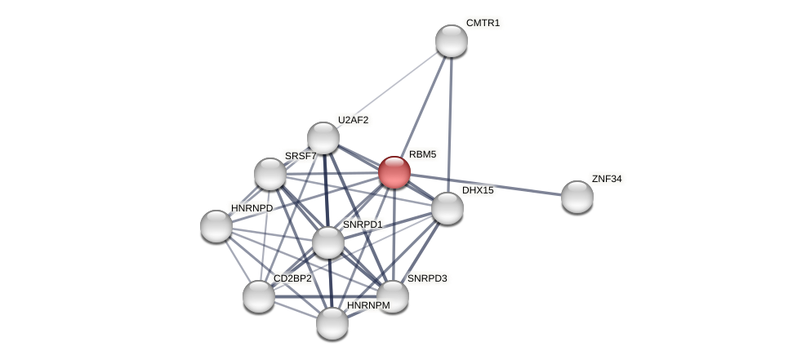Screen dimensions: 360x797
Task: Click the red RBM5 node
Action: (x=394, y=172)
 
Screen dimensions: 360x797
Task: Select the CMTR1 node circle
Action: (x=451, y=41)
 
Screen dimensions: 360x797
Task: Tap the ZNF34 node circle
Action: (x=577, y=197)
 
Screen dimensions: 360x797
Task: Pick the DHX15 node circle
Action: (x=447, y=208)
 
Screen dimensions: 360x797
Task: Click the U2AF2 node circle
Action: (x=323, y=138)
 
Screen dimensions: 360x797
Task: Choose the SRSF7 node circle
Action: (x=270, y=174)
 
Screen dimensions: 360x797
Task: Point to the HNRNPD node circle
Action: (x=216, y=226)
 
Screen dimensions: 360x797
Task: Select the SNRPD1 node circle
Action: (x=328, y=242)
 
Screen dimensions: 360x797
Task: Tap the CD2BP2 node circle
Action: (x=259, y=296)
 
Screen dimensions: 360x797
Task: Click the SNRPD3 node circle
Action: (x=392, y=296)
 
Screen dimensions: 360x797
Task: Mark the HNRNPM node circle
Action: (x=332, y=323)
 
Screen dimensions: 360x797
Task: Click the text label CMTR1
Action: (x=483, y=23)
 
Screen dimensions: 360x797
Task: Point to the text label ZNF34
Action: (x=607, y=179)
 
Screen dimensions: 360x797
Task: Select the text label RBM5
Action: (x=422, y=154)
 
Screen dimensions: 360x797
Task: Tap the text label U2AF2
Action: (x=353, y=120)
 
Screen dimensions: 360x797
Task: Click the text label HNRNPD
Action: (x=252, y=208)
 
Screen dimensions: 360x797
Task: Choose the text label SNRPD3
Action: (x=427, y=278)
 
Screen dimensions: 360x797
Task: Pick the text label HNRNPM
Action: (x=368, y=305)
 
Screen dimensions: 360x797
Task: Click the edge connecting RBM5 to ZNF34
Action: (x=490, y=185)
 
